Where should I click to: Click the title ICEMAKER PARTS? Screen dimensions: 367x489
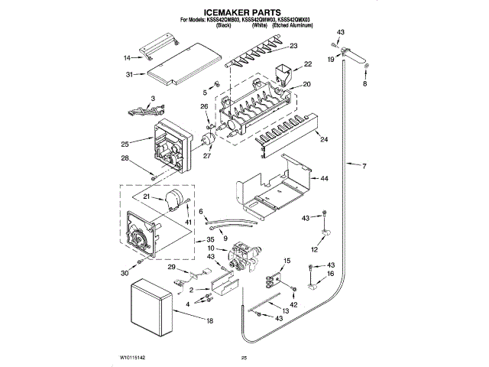(244, 12)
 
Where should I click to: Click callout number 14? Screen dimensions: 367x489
(128, 57)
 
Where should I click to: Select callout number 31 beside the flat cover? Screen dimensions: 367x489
(129, 74)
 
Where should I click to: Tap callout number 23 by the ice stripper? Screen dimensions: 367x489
(293, 46)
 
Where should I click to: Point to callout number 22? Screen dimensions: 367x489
(308, 64)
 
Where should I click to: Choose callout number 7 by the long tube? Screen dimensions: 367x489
(364, 167)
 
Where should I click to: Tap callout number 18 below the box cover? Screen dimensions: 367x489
(209, 322)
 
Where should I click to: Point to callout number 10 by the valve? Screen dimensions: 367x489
(210, 247)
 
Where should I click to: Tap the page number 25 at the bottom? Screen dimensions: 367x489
(244, 358)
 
